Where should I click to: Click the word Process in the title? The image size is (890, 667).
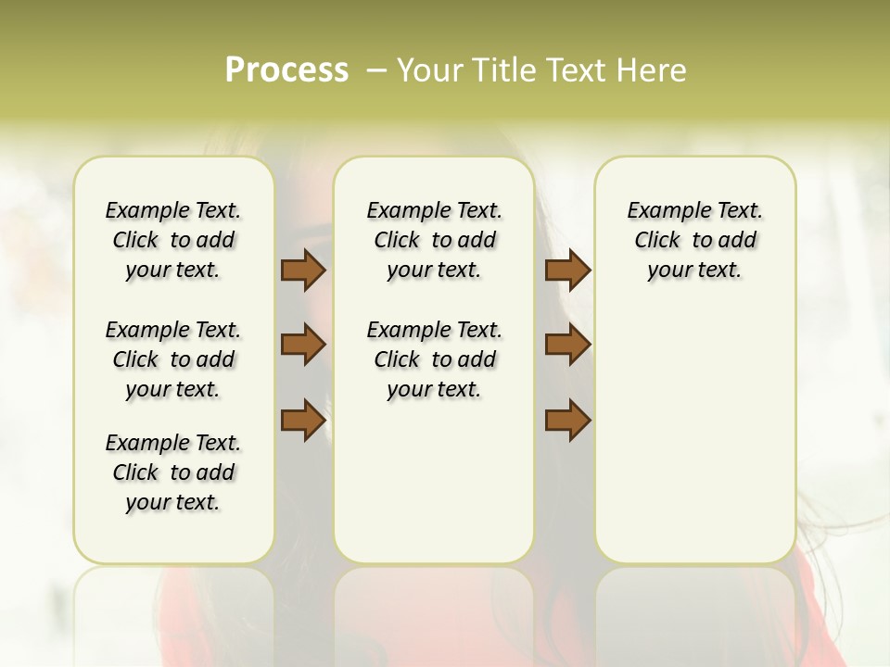point(286,70)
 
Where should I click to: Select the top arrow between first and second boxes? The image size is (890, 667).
point(303,271)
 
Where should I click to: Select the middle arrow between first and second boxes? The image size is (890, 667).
point(303,346)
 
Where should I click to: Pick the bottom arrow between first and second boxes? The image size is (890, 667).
point(303,420)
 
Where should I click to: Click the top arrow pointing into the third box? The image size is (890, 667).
point(567,271)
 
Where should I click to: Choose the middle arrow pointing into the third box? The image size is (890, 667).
point(567,346)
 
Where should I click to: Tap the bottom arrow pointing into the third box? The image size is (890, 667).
point(567,420)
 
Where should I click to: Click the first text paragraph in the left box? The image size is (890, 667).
point(173,240)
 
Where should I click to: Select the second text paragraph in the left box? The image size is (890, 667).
point(173,359)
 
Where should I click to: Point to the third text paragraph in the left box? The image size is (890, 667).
point(173,472)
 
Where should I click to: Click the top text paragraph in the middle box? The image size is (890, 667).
point(434,240)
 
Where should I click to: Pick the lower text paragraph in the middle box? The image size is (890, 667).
point(434,359)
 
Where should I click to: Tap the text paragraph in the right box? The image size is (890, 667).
point(694,240)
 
